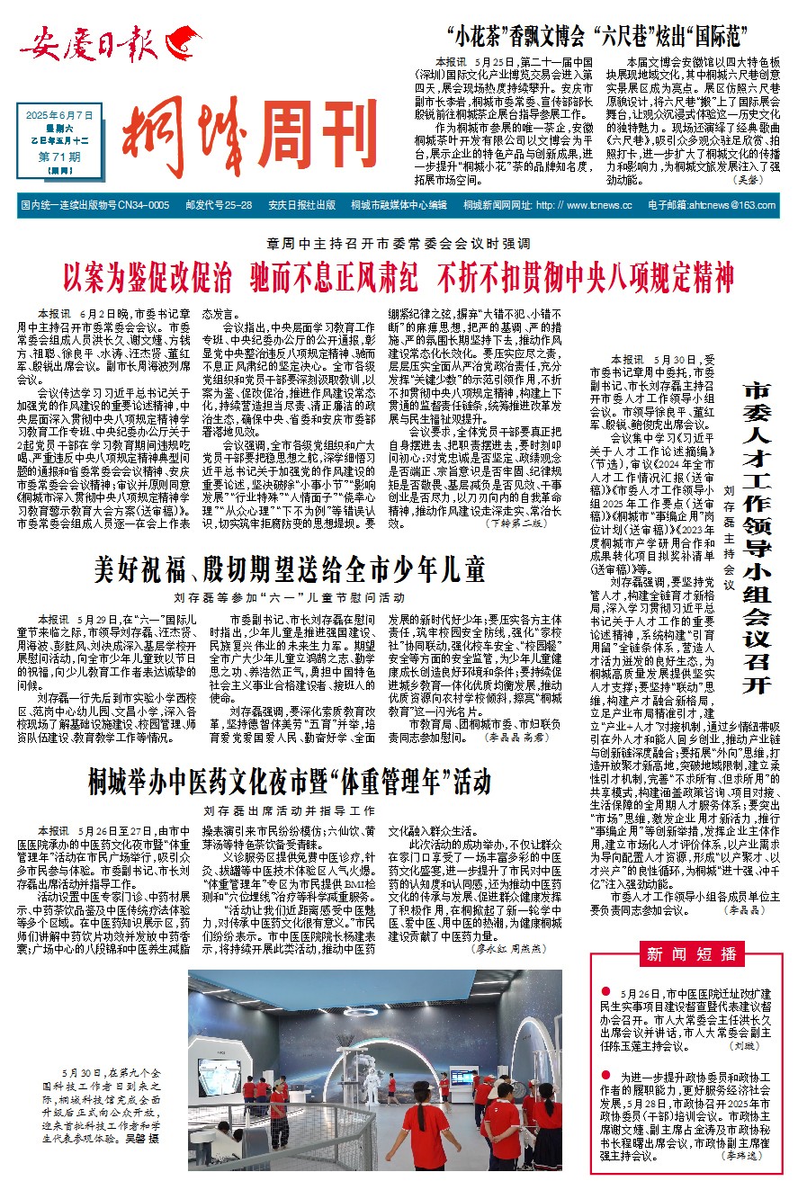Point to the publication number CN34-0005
144,205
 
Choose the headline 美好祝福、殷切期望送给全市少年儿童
291,569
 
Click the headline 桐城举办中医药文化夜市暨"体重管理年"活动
289,782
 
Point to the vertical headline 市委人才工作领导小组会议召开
758,537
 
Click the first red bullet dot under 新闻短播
608,991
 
